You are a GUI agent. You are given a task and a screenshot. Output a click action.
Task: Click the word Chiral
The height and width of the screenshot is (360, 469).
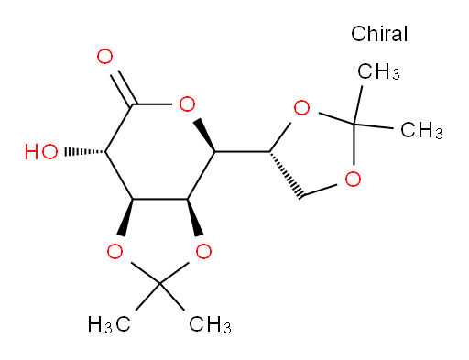[x=379, y=34]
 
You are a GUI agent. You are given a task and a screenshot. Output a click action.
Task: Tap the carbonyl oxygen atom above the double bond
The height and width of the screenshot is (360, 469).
[x=104, y=57]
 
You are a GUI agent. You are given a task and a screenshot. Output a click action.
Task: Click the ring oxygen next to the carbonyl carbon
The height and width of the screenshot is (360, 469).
[x=187, y=104]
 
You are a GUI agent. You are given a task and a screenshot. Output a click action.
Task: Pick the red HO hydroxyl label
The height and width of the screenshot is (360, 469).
[x=41, y=152]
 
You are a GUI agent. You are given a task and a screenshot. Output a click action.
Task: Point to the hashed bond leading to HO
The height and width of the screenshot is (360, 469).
[x=85, y=152]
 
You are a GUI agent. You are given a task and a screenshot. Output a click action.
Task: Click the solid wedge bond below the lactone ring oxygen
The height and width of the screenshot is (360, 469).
[x=204, y=135]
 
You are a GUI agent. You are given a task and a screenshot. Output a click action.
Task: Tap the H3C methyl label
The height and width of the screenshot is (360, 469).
[x=109, y=324]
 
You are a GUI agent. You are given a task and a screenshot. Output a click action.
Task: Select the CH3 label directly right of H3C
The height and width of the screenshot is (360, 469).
[x=210, y=324]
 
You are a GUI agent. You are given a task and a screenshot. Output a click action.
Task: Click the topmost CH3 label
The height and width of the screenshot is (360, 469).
[x=378, y=71]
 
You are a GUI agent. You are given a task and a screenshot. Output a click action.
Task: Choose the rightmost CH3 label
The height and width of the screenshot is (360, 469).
[x=421, y=130]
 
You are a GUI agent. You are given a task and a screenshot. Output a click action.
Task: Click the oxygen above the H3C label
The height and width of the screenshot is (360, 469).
[x=115, y=251]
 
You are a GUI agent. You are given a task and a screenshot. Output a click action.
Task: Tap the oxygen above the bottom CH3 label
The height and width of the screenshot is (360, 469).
[x=203, y=251]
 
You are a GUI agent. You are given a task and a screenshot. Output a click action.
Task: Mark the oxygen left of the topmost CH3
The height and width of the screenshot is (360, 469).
[x=301, y=107]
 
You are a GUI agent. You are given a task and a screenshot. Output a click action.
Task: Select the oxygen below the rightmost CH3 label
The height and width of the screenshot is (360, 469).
[x=353, y=179]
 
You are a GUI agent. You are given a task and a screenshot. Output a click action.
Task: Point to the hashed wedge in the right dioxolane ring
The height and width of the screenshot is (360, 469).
[x=286, y=174]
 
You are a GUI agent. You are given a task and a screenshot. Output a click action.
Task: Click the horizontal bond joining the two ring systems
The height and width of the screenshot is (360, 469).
[x=242, y=151]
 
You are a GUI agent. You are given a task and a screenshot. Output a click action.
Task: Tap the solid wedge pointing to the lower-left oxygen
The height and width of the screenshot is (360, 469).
[x=126, y=217]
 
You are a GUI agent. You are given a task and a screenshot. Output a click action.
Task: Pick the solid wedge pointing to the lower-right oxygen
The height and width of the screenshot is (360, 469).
[x=194, y=217]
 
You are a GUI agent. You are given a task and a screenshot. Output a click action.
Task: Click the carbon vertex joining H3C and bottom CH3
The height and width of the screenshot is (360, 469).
[x=159, y=284]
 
